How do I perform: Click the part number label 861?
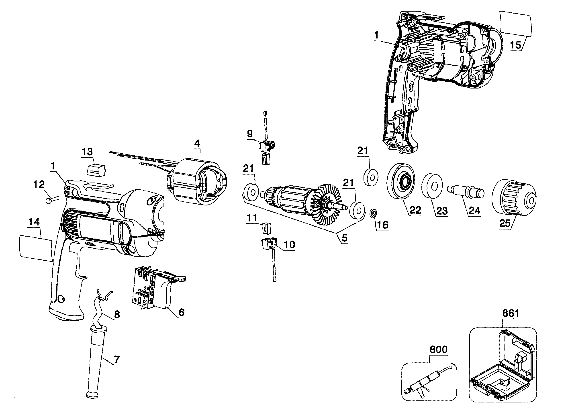(x=511, y=313)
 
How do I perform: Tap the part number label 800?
(x=439, y=350)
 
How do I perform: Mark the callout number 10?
(x=289, y=244)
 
